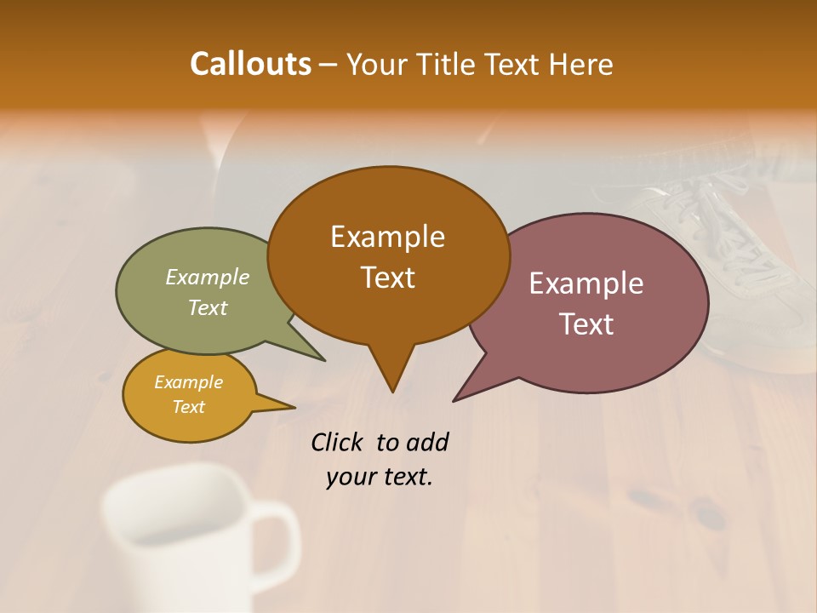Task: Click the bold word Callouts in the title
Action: pyautogui.click(x=250, y=64)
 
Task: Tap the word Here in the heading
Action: pyautogui.click(x=583, y=65)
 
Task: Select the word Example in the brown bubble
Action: pyautogui.click(x=387, y=237)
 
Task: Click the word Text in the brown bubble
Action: pyautogui.click(x=387, y=278)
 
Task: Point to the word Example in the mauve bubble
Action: pyautogui.click(x=586, y=284)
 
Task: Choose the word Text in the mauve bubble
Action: pyautogui.click(x=586, y=324)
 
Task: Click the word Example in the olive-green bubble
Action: pyautogui.click(x=208, y=278)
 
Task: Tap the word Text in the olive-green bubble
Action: pyautogui.click(x=208, y=307)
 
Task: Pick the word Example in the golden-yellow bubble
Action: pyautogui.click(x=188, y=382)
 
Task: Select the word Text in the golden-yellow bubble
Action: pyautogui.click(x=188, y=407)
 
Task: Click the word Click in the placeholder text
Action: pyautogui.click(x=337, y=442)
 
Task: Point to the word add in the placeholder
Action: pyautogui.click(x=426, y=442)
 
